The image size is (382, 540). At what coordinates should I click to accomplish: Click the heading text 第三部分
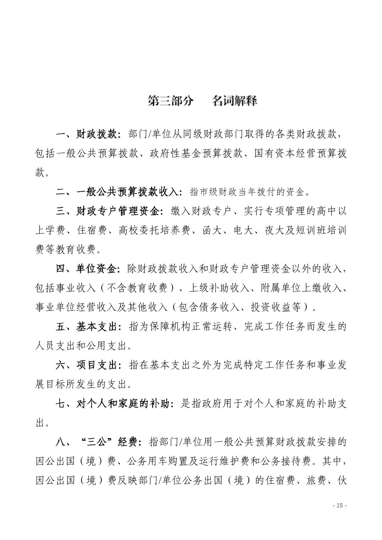[x=171, y=101]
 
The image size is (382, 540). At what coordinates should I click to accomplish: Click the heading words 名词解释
[x=234, y=101]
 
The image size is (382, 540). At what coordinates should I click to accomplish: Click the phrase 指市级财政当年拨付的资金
[x=248, y=192]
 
